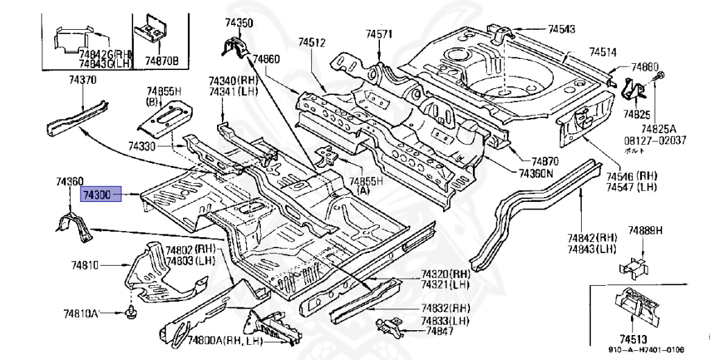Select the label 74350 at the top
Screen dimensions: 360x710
(x=239, y=23)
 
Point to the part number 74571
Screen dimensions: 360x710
(x=379, y=34)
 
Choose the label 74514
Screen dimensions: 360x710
(x=603, y=52)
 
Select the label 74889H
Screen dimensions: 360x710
(x=646, y=231)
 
